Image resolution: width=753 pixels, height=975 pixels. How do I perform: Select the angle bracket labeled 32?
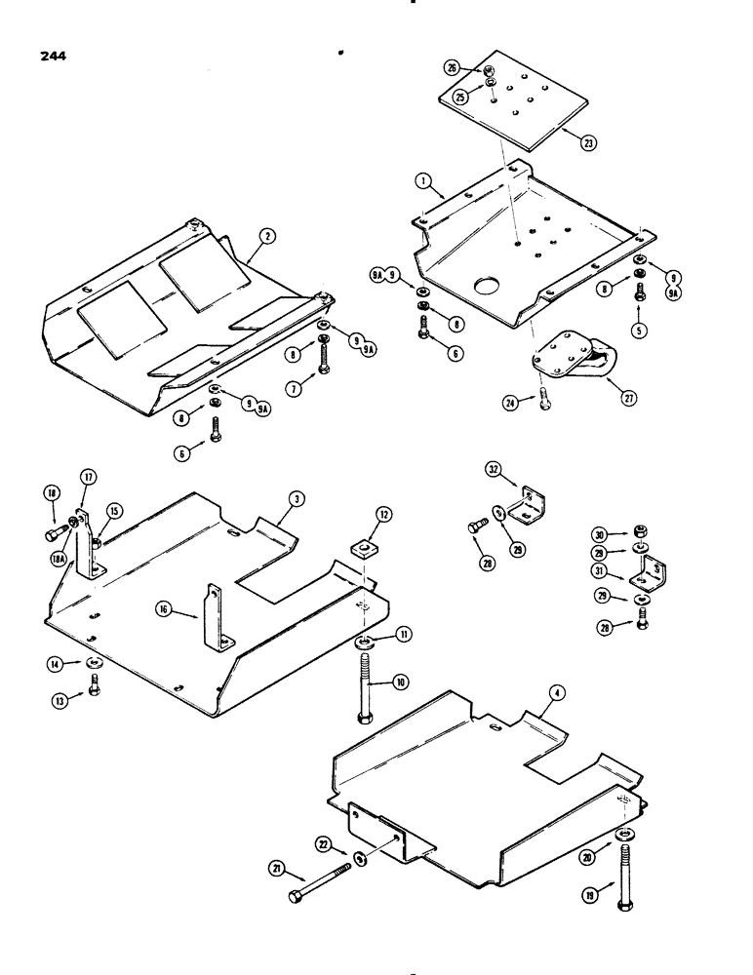tap(530, 504)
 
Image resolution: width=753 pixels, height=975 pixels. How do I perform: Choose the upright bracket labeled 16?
tap(214, 621)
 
